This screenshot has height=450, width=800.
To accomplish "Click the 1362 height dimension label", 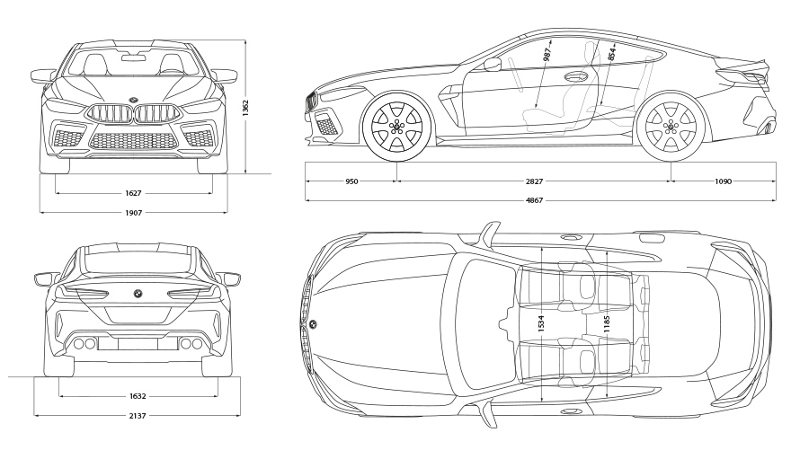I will (x=245, y=107).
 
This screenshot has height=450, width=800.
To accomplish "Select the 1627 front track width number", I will (x=134, y=193).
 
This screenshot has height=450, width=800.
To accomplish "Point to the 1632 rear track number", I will (x=138, y=395).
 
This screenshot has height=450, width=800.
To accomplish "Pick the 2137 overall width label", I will (x=138, y=416).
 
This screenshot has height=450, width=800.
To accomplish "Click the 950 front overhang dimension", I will (x=351, y=181).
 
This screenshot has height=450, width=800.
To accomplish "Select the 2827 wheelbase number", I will (x=534, y=181).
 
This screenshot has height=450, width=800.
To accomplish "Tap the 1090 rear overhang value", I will (x=723, y=181).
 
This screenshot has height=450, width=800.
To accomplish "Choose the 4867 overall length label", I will (x=534, y=200).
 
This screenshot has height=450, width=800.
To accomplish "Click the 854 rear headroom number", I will (x=612, y=52).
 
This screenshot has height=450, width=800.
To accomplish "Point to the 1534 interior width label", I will (x=541, y=324).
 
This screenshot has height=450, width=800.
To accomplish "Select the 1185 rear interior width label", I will (x=609, y=326).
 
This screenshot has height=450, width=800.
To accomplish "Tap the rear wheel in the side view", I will (x=670, y=127).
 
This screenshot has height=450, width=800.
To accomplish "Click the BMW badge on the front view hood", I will (x=133, y=98).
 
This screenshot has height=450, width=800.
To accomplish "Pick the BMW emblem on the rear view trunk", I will (x=138, y=294).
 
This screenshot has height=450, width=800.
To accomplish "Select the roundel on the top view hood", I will (x=313, y=323).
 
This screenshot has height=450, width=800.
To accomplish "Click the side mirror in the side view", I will (x=492, y=64).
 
